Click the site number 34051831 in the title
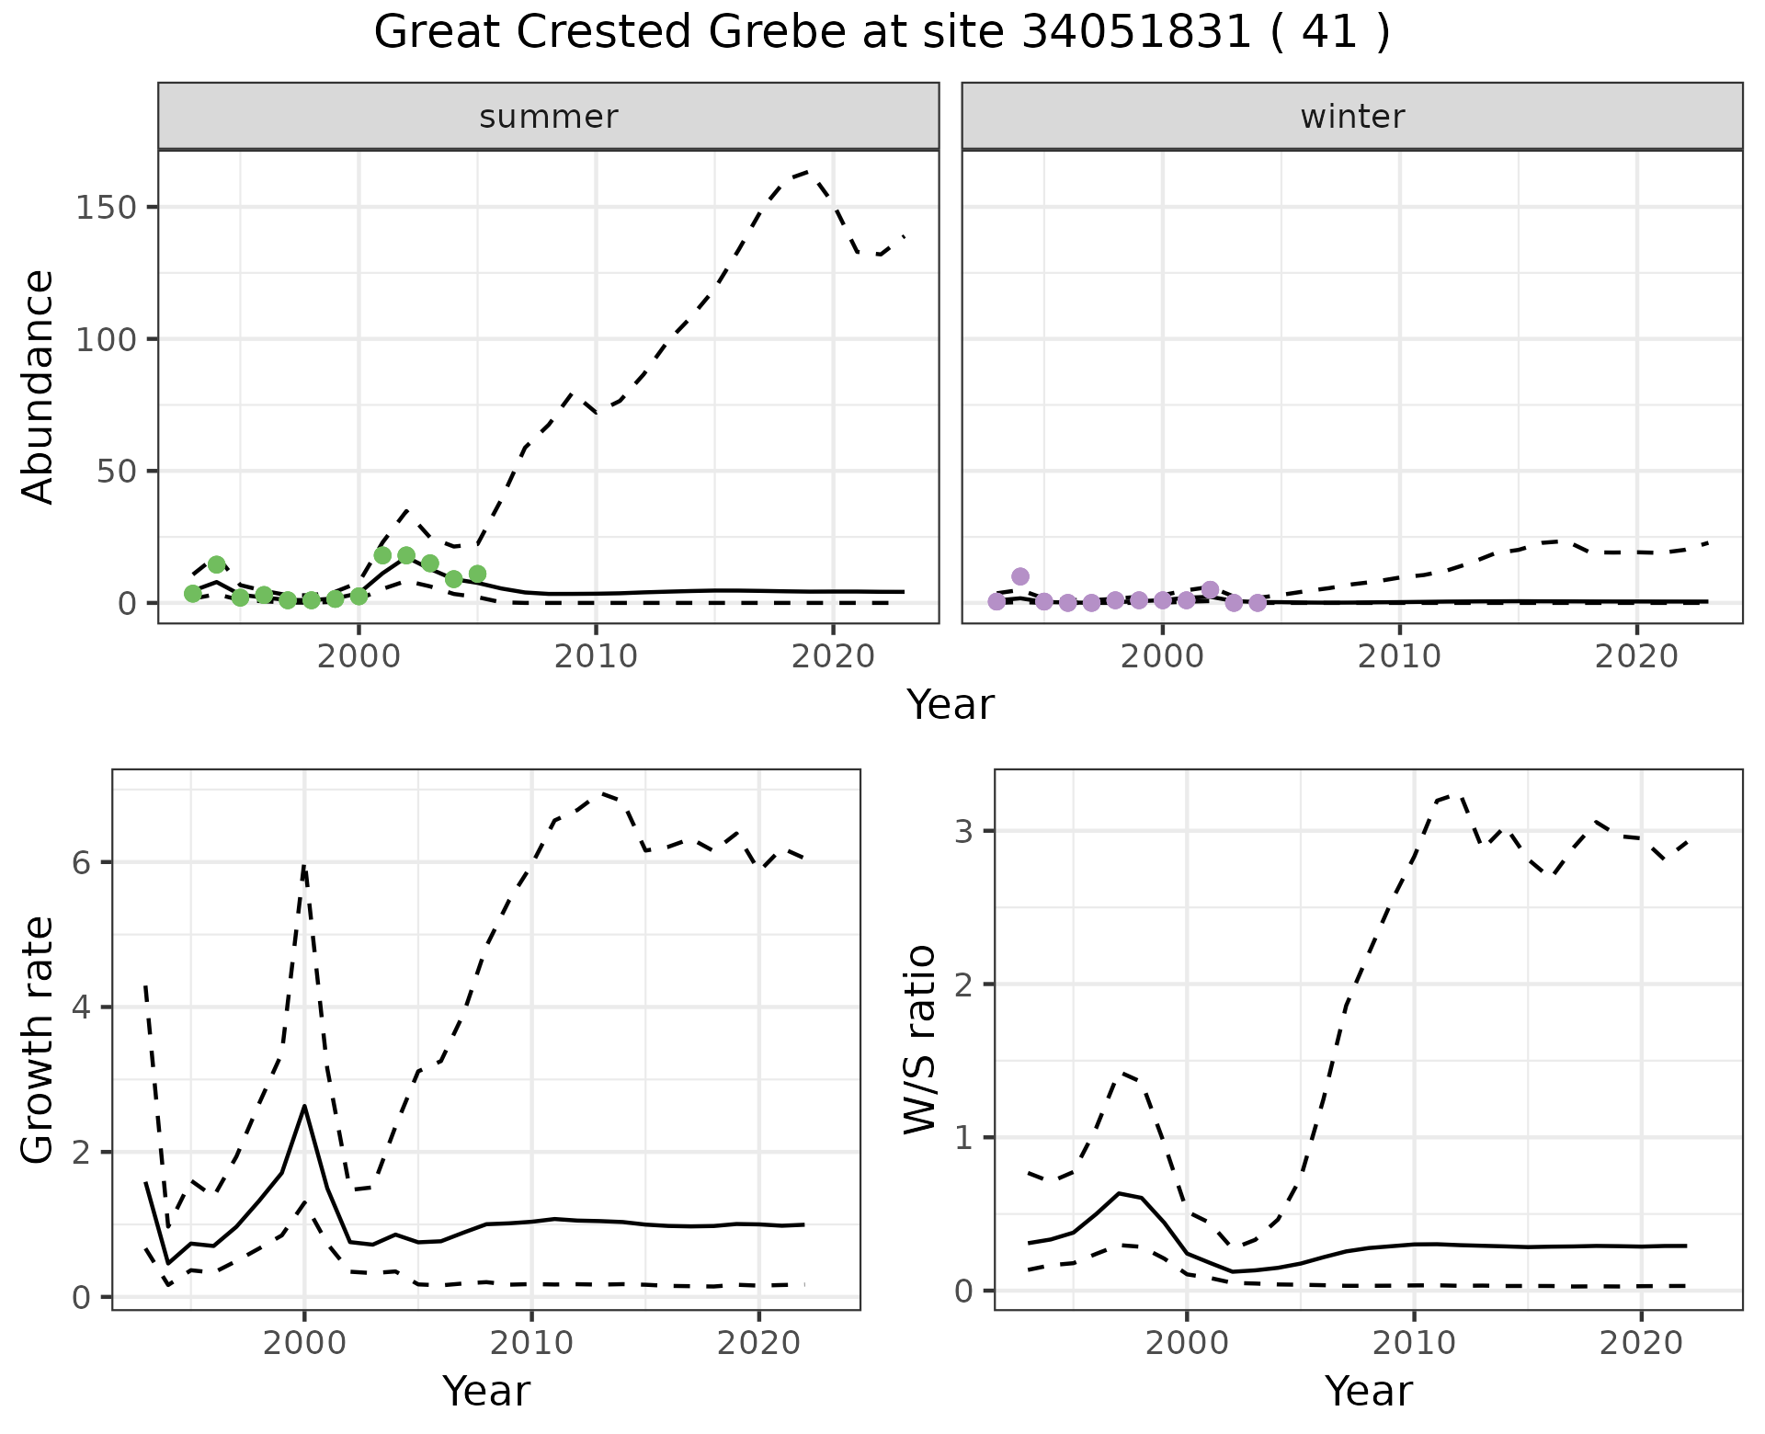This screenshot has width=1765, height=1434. (1136, 33)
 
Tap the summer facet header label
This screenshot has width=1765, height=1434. (549, 117)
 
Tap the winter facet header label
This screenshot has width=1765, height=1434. (1352, 117)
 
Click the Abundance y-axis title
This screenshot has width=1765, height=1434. (39, 386)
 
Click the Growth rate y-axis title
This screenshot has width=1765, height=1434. (39, 1040)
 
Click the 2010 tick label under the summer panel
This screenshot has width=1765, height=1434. (596, 657)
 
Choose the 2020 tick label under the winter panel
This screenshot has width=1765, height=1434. (1636, 657)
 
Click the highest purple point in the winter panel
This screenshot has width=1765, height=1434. (1020, 576)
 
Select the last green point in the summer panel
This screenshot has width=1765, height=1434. (477, 574)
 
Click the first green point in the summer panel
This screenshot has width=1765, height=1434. (192, 594)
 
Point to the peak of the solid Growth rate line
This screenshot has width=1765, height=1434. (304, 1106)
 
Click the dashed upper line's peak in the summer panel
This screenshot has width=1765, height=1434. (807, 171)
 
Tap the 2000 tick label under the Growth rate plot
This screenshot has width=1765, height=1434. (304, 1343)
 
